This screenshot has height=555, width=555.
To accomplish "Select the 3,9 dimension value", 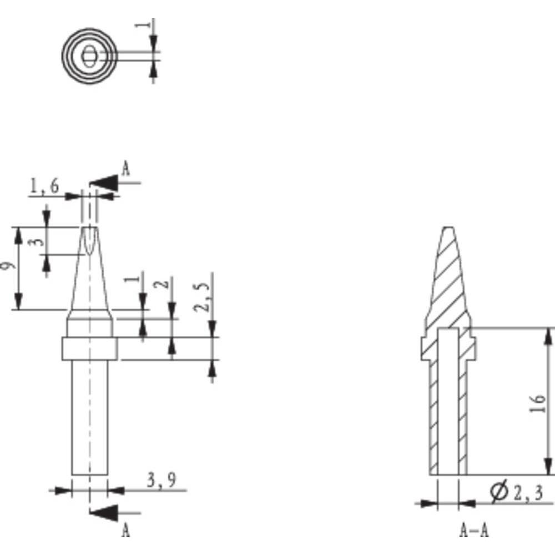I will (x=162, y=480).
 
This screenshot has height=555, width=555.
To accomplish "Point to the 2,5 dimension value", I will (x=205, y=297).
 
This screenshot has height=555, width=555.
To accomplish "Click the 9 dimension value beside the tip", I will (x=7, y=266).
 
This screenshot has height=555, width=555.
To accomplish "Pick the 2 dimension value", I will (x=162, y=284).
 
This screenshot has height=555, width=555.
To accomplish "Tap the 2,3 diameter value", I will (x=527, y=492).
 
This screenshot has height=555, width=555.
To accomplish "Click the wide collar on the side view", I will (x=89, y=349).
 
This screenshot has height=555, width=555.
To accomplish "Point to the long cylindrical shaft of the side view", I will (x=89, y=416).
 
